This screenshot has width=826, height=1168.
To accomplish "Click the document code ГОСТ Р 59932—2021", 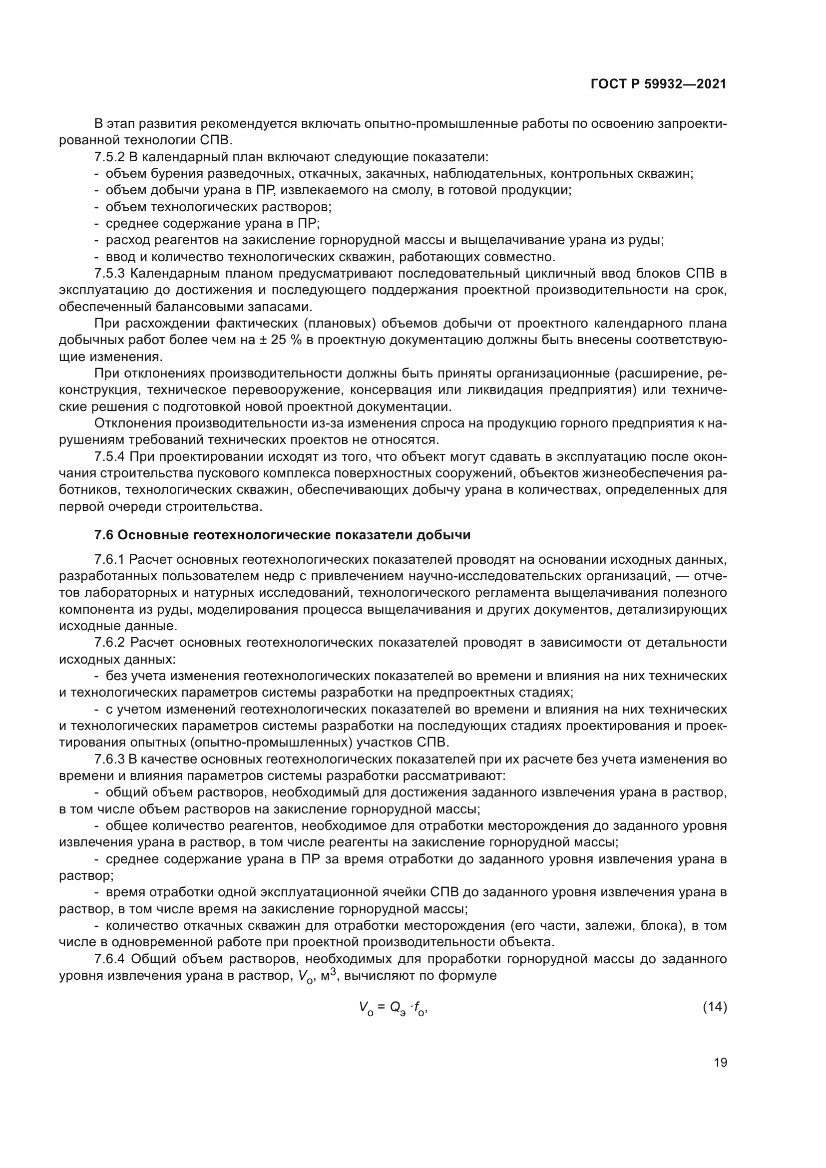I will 658,84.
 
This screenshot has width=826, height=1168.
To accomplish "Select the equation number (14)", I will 715,1007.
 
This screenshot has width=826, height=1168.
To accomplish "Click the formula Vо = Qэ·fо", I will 393,1008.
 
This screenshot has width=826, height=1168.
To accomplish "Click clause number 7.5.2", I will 109,157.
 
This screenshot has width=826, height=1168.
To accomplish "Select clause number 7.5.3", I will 109,274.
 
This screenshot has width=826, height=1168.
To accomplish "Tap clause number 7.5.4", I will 109,457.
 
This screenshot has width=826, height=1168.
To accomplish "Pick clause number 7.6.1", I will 109,560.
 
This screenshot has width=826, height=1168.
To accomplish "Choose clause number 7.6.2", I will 109,643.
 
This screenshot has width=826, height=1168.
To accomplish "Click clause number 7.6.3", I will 109,760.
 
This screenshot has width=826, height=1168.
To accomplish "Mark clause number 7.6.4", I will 109,959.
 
